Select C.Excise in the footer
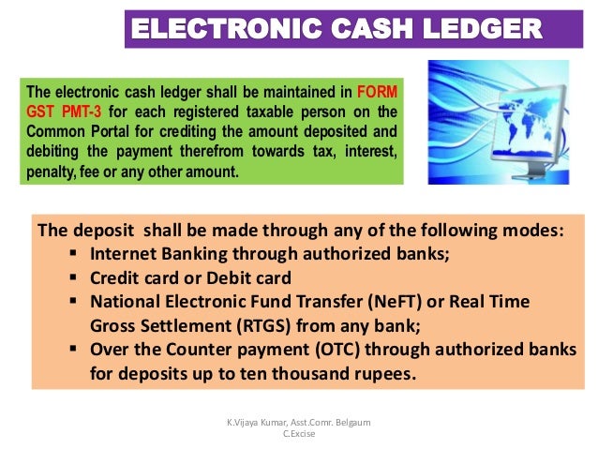coord(298,436)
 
